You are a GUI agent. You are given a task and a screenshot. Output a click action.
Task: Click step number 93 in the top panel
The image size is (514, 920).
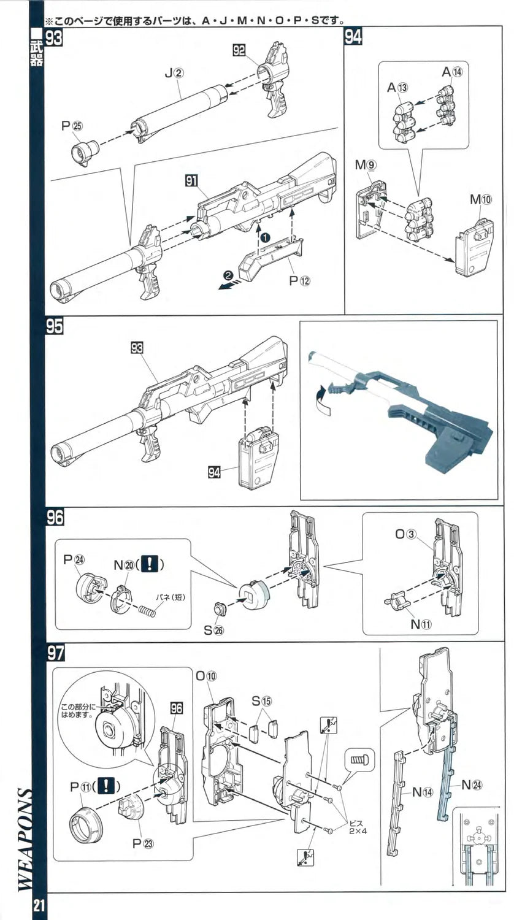point(54,38)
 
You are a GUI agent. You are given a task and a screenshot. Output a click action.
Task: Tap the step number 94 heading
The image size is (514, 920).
point(353,37)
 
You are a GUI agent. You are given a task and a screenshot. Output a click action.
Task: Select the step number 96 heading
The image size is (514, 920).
point(54,517)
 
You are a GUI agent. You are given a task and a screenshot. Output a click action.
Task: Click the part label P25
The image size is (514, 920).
point(72,126)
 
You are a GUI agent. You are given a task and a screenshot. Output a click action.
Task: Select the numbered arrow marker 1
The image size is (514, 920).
point(264,236)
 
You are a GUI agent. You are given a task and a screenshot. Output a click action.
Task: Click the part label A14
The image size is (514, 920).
point(451,72)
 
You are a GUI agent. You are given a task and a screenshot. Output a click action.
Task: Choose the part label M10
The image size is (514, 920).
point(481,199)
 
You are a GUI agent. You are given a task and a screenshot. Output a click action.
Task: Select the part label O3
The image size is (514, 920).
point(406,534)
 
